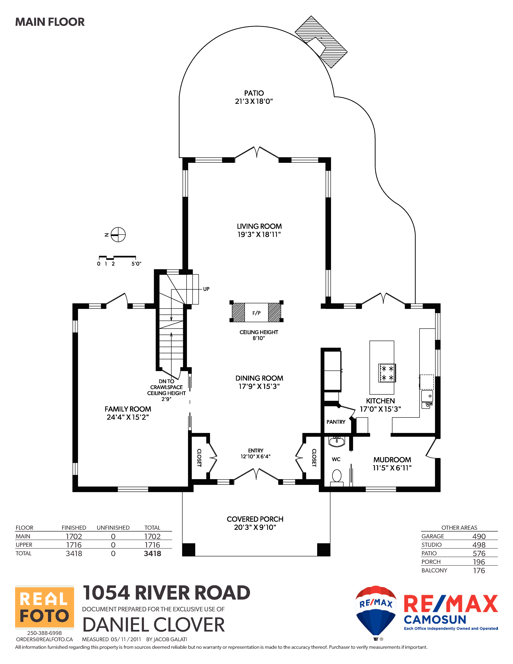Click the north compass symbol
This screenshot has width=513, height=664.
(118, 235)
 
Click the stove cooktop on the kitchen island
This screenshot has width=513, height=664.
(387, 373)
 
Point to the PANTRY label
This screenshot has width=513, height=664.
(336, 422)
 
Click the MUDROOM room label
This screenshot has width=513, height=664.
(392, 460)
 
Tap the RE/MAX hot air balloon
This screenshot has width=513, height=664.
(376, 611)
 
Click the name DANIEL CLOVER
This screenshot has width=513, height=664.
(153, 625)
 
